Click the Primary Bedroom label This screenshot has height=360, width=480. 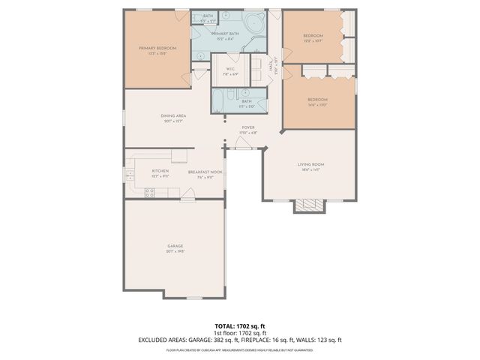point(157,50)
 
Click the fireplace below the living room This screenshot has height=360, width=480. point(308,205)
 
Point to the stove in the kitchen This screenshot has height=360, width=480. point(149,191)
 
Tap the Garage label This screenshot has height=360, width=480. point(175,248)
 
